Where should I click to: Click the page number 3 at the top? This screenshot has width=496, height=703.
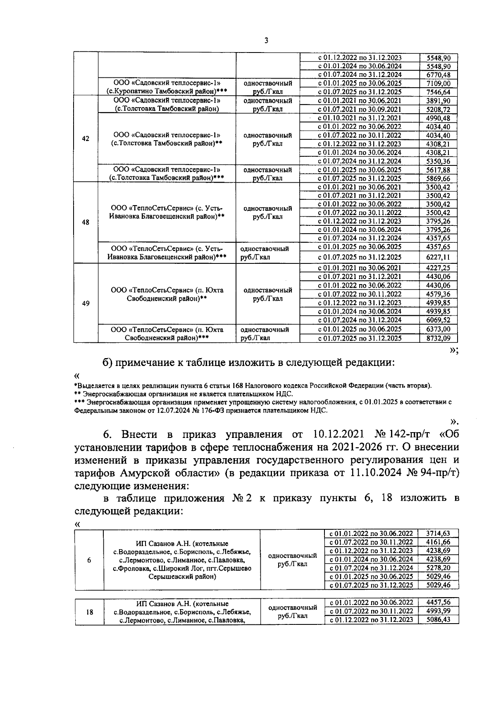tap(266, 41)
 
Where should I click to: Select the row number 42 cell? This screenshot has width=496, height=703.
tap(86, 139)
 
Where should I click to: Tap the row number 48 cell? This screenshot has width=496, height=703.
tap(86, 222)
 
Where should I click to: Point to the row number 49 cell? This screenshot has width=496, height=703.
tap(86, 303)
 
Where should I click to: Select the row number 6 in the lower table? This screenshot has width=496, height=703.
tap(89, 560)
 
